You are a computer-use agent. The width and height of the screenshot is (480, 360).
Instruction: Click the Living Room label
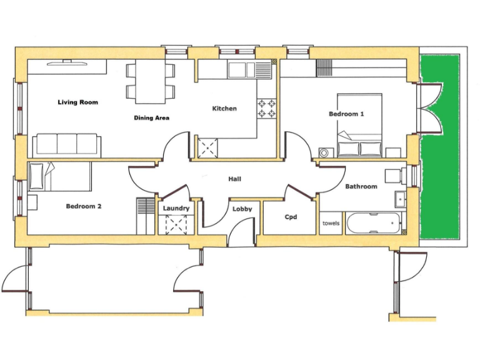point(77,102)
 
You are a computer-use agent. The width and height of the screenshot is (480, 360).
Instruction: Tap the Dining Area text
point(151,117)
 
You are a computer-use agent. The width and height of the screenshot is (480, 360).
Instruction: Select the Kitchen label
point(224,109)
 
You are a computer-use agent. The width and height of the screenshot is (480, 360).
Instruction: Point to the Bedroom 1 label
point(346,114)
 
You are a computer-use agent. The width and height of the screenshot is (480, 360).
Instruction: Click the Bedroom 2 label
point(84,206)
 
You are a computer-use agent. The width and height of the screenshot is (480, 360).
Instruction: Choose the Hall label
point(235,179)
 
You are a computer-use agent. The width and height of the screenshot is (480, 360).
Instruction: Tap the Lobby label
point(242,209)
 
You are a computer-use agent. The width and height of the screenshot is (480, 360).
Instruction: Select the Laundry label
point(176,208)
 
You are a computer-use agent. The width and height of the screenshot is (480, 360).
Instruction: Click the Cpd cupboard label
point(291,217)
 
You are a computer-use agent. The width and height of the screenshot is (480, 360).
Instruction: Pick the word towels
point(331,223)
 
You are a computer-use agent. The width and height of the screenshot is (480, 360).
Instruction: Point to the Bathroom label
point(361,186)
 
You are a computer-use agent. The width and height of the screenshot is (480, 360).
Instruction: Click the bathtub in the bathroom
point(372,222)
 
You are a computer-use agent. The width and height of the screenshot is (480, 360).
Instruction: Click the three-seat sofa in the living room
point(66,144)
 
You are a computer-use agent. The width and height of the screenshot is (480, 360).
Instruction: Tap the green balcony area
point(440,147)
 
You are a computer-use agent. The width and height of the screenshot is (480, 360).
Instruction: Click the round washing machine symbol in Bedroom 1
point(324,152)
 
